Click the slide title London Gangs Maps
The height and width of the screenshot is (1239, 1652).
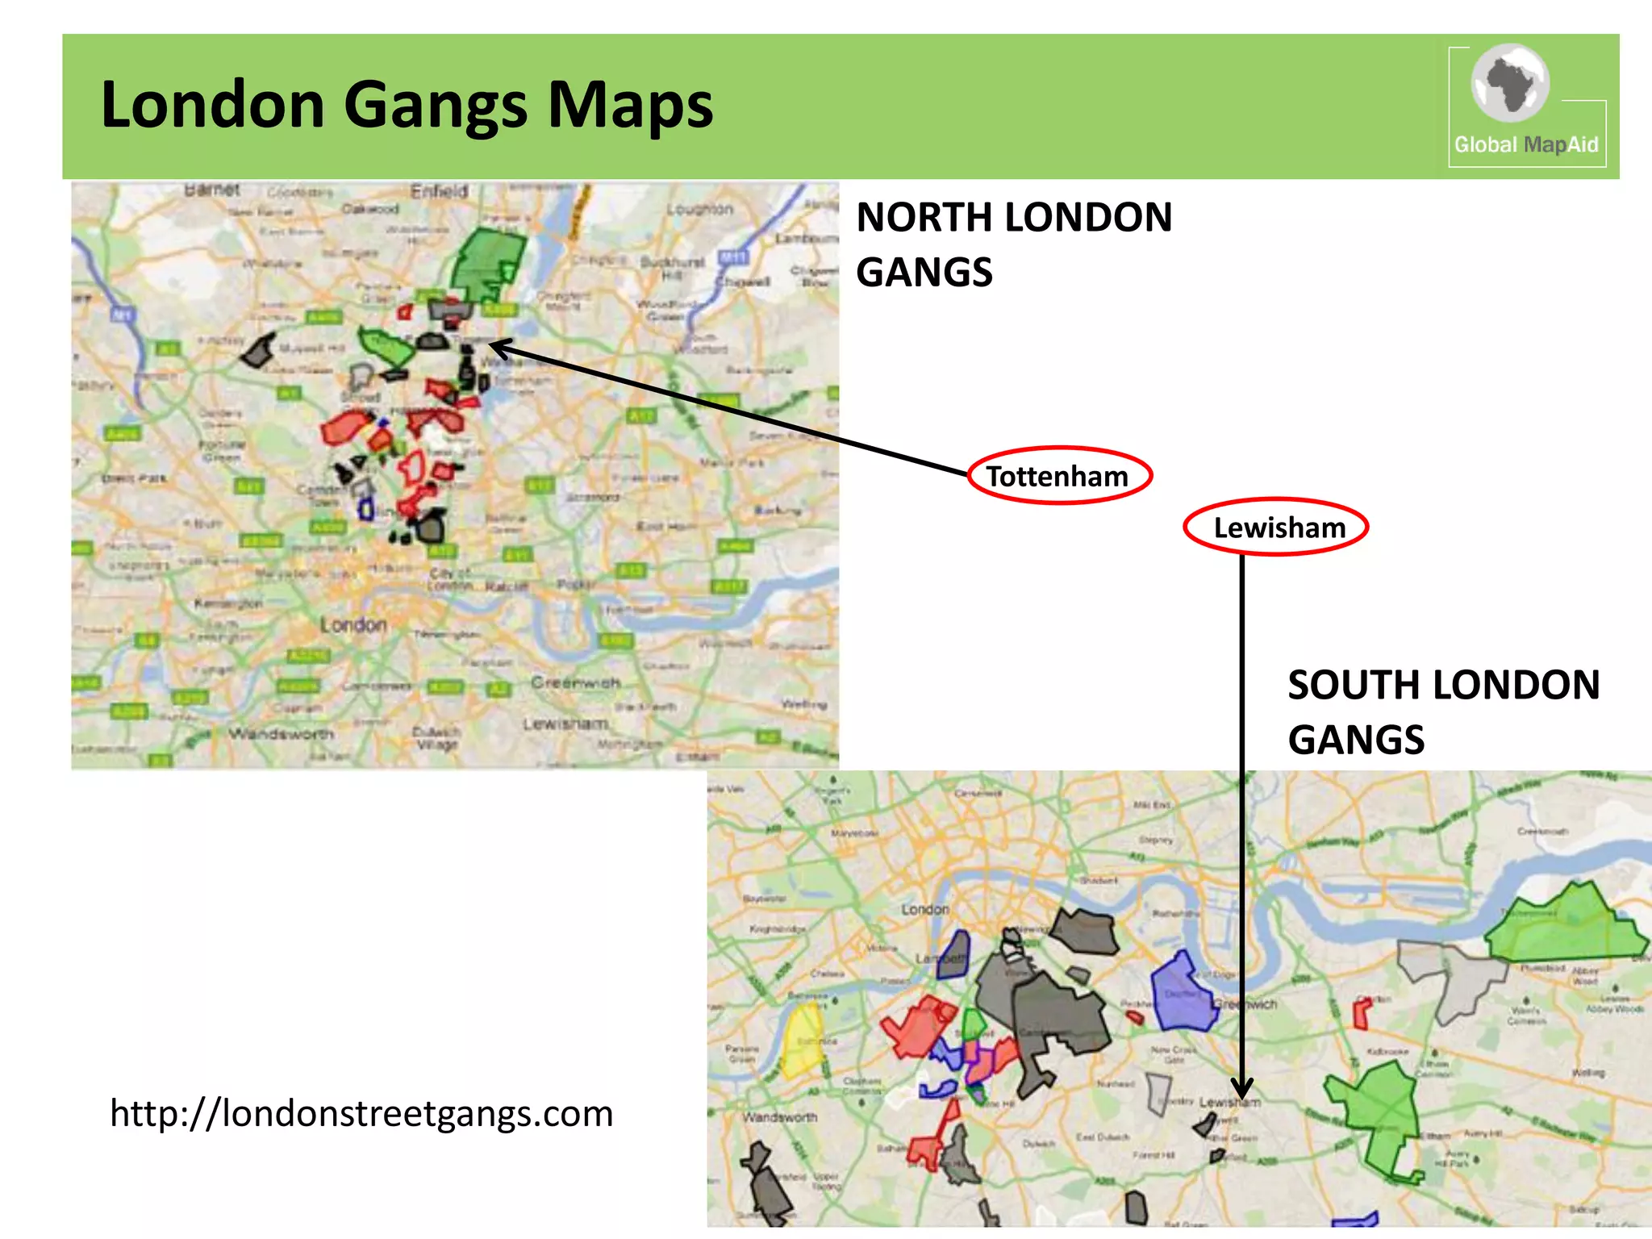point(407,105)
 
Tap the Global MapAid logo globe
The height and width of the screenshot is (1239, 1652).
point(1510,83)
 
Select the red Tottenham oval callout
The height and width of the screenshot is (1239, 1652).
point(1058,476)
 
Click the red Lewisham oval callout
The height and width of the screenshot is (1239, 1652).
point(1276,528)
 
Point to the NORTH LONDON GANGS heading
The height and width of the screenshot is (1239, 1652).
point(1013,244)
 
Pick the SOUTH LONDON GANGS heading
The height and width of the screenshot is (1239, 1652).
point(1442,711)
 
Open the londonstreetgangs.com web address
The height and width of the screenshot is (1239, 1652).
point(361,1113)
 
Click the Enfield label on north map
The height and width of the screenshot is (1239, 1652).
point(439,192)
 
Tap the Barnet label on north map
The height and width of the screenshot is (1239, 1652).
point(211,190)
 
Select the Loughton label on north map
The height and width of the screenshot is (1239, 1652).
point(699,209)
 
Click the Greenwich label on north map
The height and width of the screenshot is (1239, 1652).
point(575,683)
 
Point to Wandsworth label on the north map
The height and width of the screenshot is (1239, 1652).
point(281,734)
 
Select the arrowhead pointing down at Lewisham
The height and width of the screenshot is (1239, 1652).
point(1242,1089)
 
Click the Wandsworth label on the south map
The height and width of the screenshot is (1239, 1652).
point(779,1118)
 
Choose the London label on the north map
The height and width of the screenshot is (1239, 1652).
point(353,625)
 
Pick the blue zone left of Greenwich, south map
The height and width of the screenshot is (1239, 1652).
point(1182,994)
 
